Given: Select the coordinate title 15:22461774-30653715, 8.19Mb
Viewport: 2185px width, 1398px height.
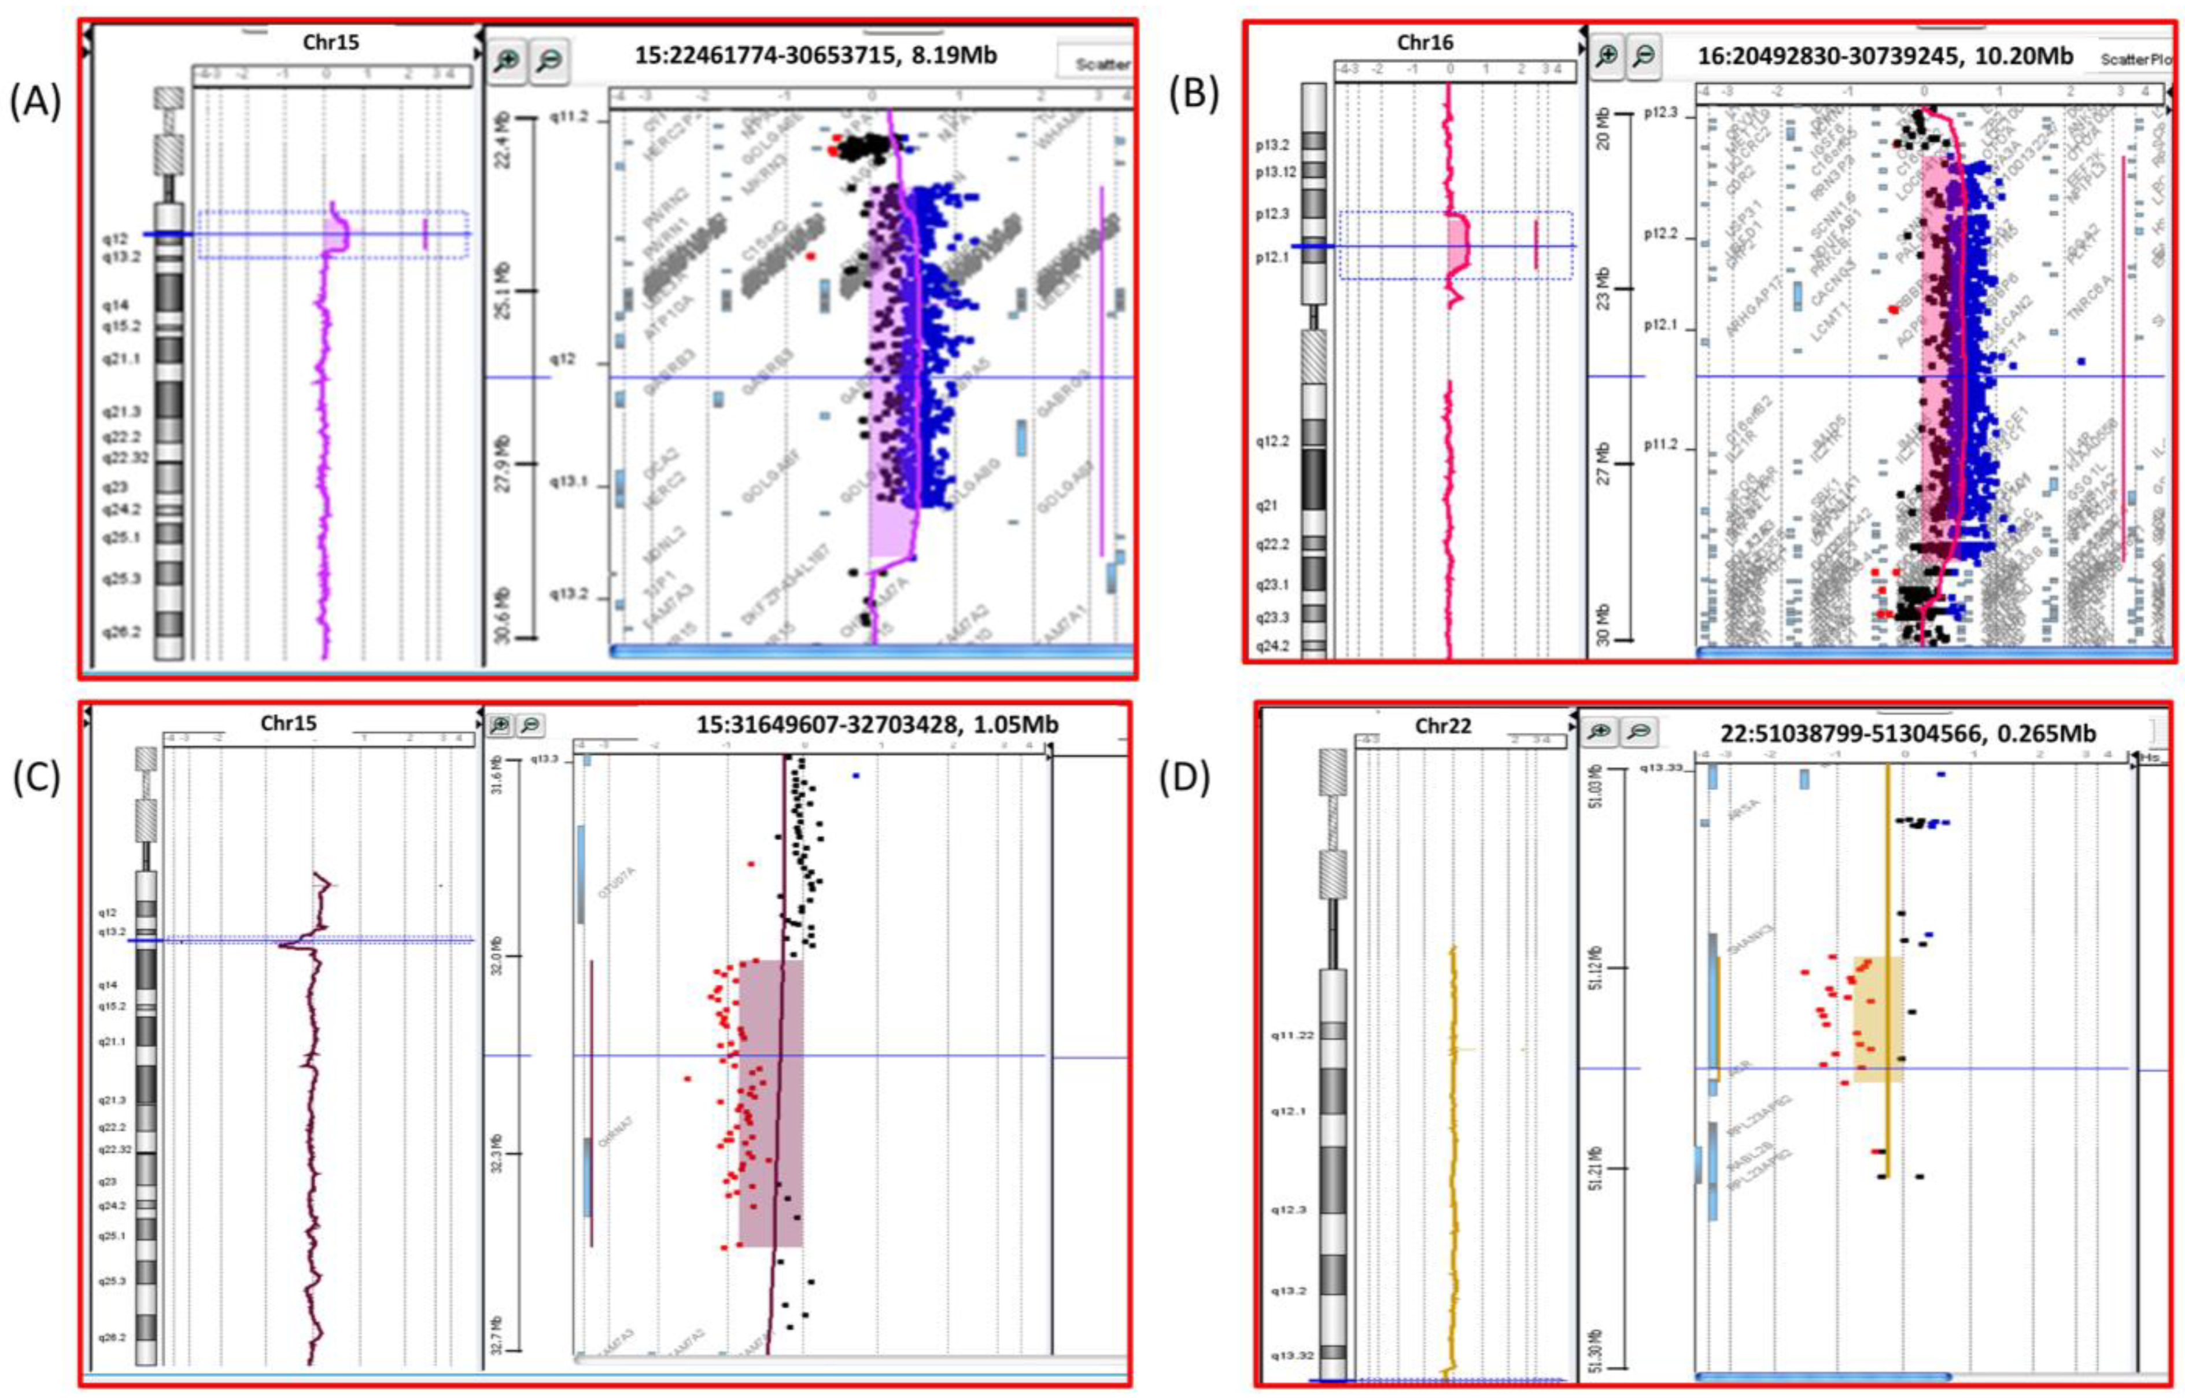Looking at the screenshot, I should click(815, 56).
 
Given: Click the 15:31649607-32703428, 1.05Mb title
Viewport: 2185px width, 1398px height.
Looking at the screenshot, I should click(877, 725).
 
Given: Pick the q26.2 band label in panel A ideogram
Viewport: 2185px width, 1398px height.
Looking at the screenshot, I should click(121, 632).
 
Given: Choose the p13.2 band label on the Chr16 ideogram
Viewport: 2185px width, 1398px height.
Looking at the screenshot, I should click(1275, 144).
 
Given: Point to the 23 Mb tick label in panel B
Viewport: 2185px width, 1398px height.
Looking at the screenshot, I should click(1603, 289).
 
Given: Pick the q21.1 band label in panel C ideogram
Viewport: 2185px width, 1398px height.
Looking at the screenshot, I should click(113, 1041).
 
